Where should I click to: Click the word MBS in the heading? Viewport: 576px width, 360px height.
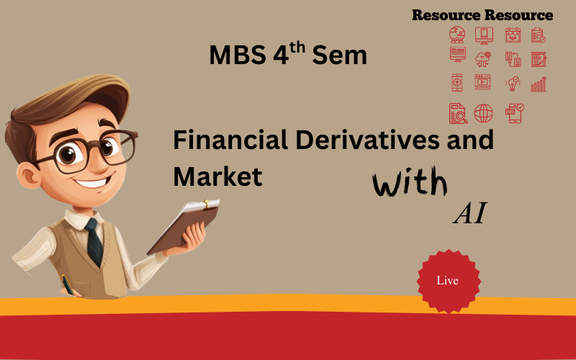(238, 55)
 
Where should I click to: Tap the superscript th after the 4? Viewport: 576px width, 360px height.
(297, 48)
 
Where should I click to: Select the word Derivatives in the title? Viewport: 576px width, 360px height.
(367, 140)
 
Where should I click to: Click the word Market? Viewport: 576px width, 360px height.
(217, 176)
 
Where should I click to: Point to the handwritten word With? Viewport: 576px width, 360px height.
(410, 181)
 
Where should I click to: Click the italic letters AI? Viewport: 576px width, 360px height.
(470, 213)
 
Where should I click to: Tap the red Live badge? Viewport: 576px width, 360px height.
(449, 281)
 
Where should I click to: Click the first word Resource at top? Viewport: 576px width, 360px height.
(446, 15)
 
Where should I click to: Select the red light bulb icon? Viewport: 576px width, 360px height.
(513, 84)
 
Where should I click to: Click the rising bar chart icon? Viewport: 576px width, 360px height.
(539, 84)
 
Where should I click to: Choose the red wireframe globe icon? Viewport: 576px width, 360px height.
(483, 113)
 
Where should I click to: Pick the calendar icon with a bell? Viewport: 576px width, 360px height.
(513, 35)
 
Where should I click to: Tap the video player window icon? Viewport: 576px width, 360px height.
(482, 82)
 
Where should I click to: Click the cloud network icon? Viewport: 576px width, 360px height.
(482, 59)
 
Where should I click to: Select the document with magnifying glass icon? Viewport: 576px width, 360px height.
(458, 113)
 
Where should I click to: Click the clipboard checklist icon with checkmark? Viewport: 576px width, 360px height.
(538, 35)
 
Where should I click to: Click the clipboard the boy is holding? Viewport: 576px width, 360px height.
(184, 227)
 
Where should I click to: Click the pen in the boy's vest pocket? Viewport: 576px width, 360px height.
(68, 284)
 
